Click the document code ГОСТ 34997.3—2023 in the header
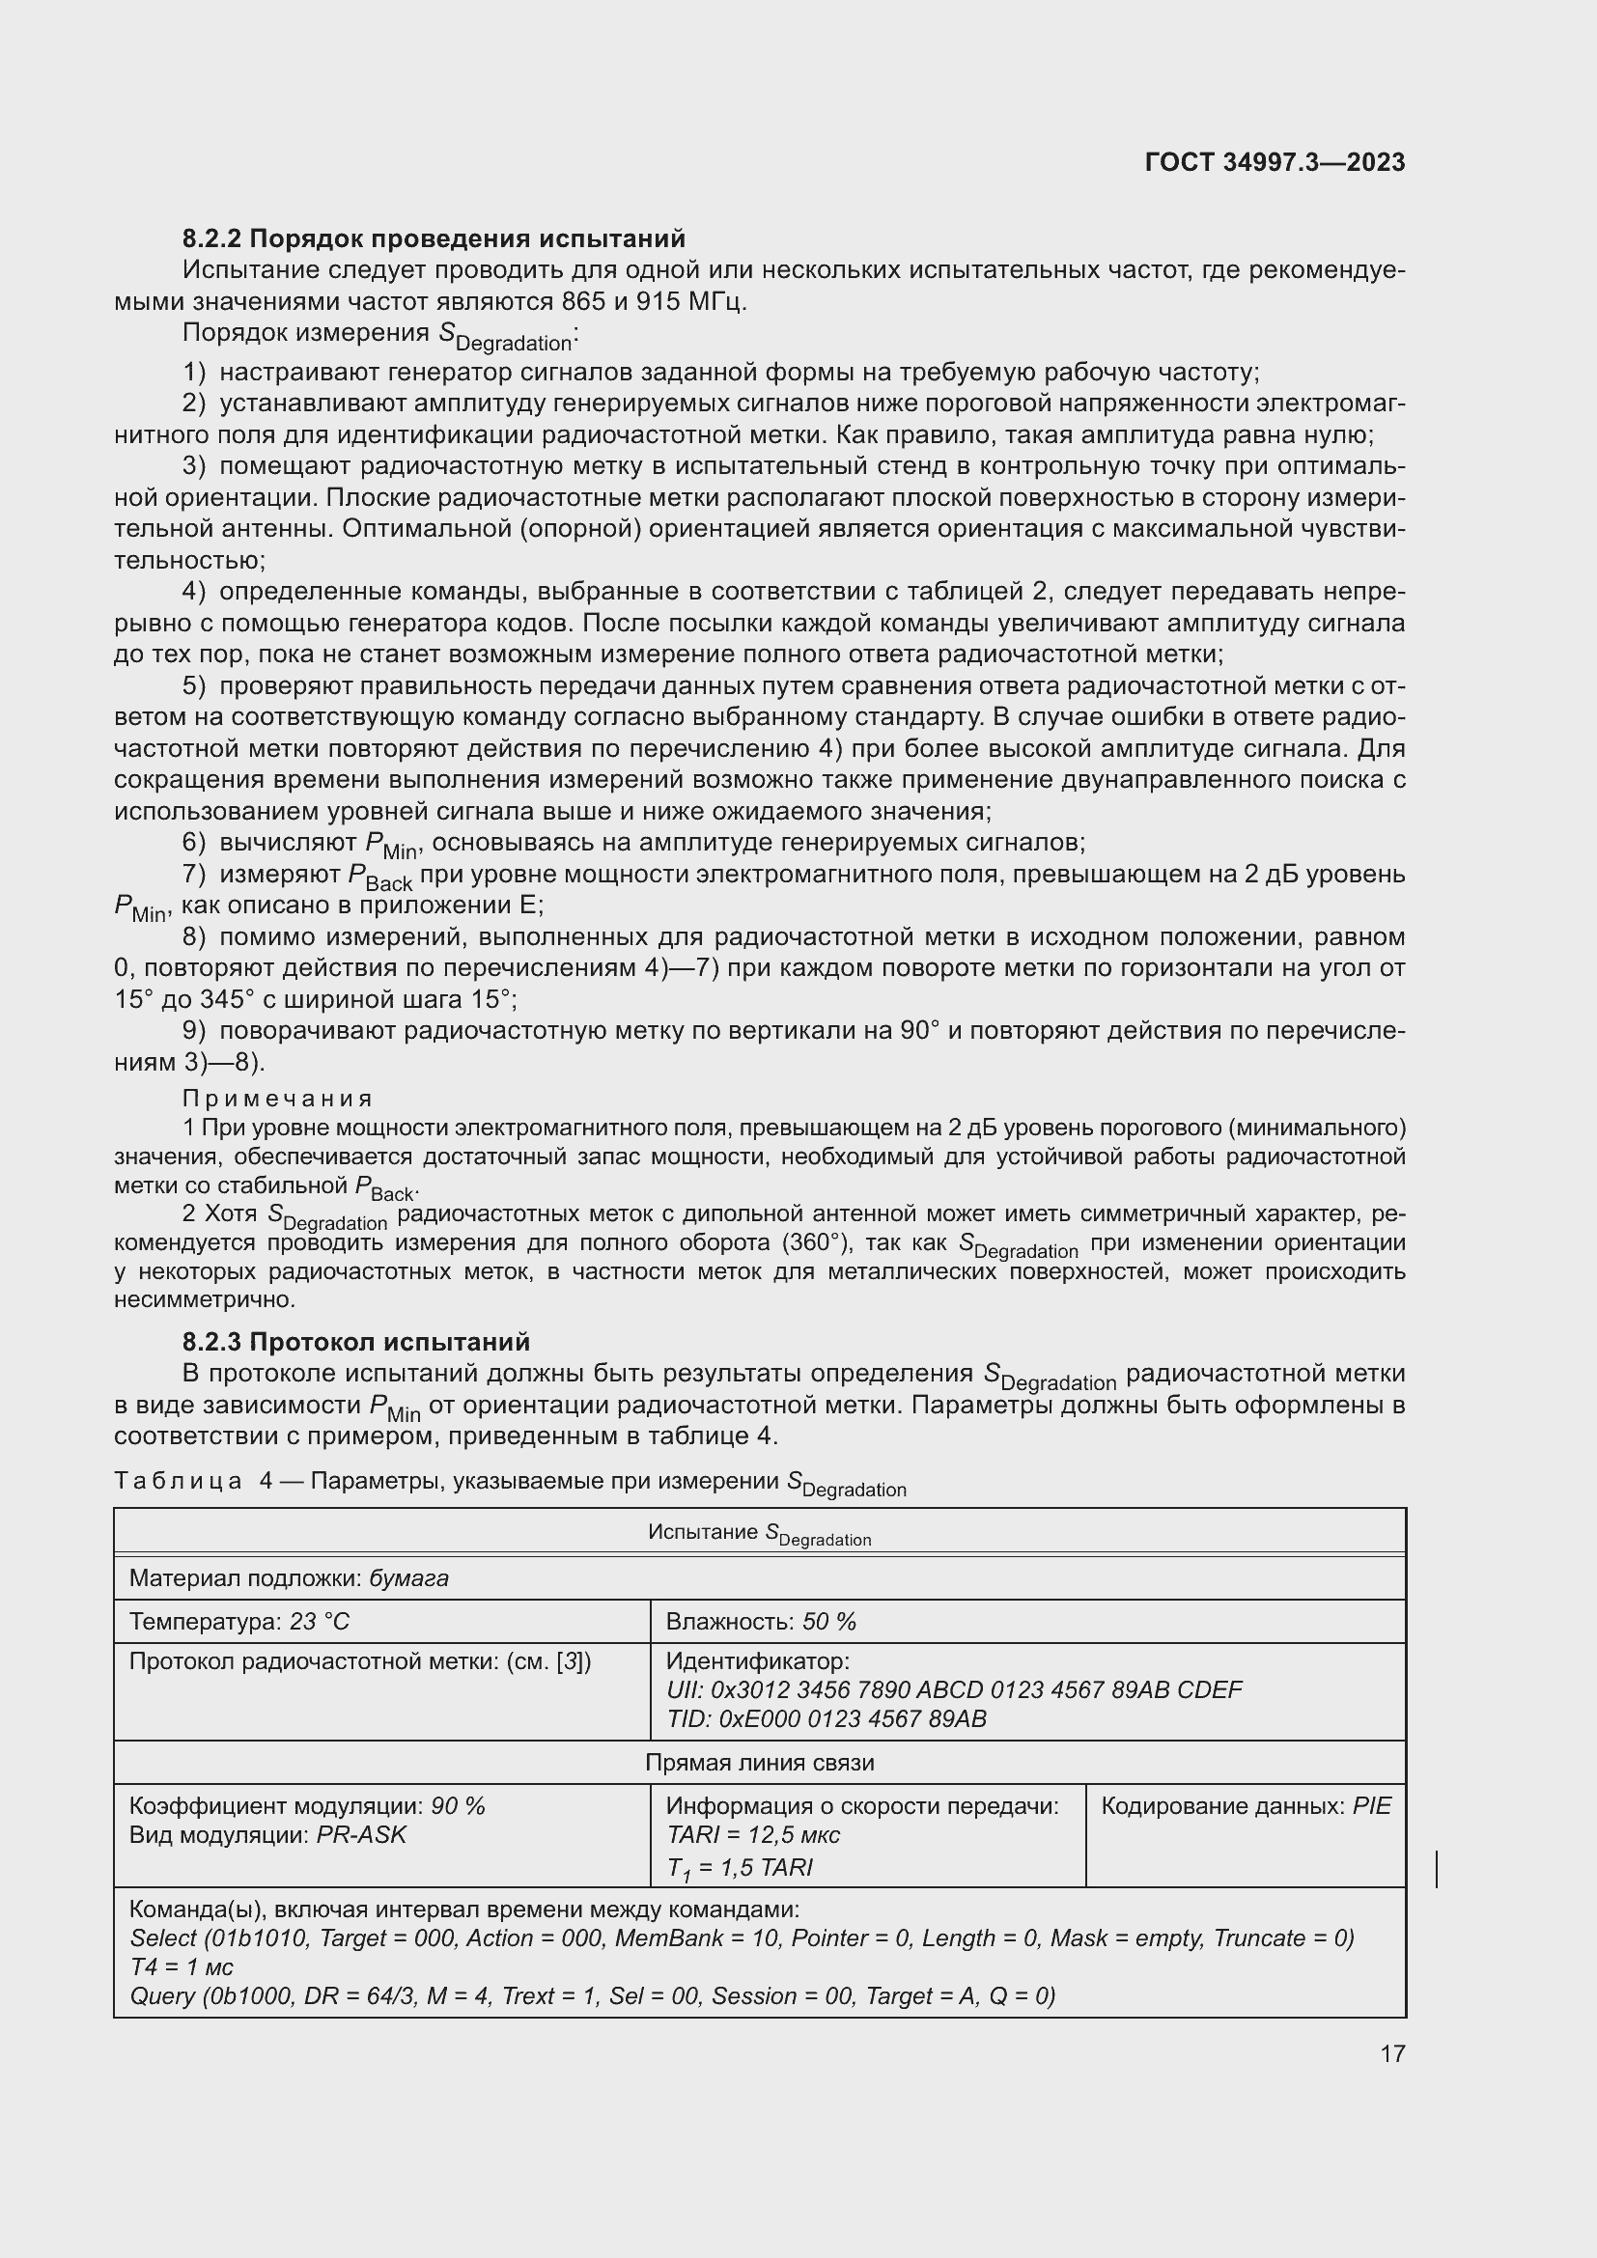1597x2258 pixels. tap(1275, 162)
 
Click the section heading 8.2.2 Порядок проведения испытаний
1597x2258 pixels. tap(434, 239)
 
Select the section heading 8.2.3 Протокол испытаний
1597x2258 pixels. tap(356, 1342)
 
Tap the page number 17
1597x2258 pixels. tap(1392, 2053)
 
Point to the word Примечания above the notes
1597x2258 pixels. tap(277, 1099)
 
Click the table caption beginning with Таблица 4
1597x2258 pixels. tap(510, 1482)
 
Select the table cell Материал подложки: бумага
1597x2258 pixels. tap(289, 1578)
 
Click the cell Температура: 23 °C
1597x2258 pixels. tap(238, 1622)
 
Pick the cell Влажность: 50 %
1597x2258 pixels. tap(760, 1622)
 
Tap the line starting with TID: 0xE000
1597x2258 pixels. tap(827, 1719)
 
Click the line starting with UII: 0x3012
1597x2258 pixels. tap(954, 1689)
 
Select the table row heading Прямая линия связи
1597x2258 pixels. tap(759, 1763)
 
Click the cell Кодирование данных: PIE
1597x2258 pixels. tap(1245, 1805)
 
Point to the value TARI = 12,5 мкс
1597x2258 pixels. tap(752, 1835)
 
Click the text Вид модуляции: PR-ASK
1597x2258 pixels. tap(267, 1835)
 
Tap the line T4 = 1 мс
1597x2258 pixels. tap(181, 1966)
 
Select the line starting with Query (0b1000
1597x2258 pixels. tap(592, 1995)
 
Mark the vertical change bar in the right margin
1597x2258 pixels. tap(1437, 1869)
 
